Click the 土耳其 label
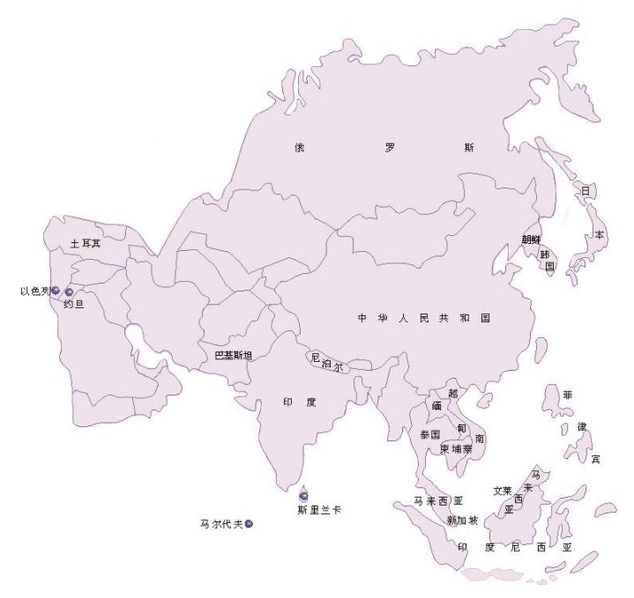click(86, 243)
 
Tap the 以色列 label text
click(35, 291)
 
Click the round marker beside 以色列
click(56, 290)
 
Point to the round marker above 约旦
click(70, 292)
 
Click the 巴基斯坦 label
click(234, 356)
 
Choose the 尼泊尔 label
click(326, 362)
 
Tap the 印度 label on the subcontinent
click(299, 402)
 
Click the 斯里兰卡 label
click(319, 509)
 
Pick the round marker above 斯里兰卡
click(304, 495)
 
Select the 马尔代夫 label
click(221, 525)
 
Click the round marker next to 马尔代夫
click(250, 525)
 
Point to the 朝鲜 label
click(532, 239)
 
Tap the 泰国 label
click(429, 435)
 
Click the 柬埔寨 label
click(457, 449)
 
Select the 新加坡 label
click(462, 520)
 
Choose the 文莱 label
click(503, 491)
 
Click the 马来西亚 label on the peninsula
click(438, 501)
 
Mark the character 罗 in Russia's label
click(390, 148)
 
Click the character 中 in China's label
click(362, 318)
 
